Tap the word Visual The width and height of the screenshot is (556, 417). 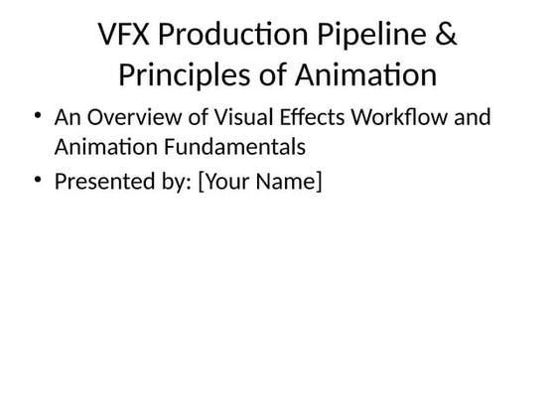[220, 118]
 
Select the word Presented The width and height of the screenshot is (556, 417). [97, 182]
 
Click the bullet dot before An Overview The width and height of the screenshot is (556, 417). [38, 117]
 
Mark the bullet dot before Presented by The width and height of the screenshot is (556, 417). [38, 181]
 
